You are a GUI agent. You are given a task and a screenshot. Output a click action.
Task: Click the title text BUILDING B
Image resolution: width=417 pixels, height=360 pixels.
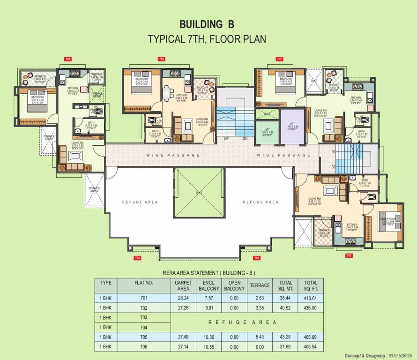tap(207, 24)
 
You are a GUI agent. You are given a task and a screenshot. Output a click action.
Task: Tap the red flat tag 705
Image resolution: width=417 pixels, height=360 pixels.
tap(68, 59)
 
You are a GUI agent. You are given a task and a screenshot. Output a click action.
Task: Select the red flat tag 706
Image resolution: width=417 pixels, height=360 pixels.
tap(161, 59)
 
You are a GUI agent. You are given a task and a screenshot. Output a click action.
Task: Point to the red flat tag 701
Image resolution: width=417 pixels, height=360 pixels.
tap(280, 59)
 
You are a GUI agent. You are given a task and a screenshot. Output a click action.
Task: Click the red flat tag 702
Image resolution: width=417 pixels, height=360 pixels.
tap(349, 255)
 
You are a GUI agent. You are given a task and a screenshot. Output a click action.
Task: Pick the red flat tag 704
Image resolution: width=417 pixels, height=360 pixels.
tap(137, 258)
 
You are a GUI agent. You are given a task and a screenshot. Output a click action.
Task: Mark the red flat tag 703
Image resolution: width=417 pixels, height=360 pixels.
tap(256, 258)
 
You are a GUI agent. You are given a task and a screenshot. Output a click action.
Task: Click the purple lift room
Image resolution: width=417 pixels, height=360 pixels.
tap(292, 125)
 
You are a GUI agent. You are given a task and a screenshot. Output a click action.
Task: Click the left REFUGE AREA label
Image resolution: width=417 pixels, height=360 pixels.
tap(140, 202)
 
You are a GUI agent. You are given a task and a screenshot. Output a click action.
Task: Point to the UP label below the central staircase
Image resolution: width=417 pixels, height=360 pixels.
tap(226, 139)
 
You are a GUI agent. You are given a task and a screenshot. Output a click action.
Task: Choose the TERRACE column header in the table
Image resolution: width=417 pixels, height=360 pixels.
tap(260, 285)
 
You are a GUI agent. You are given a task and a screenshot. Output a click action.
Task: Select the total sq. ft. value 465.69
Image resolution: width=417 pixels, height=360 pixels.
tap(310, 337)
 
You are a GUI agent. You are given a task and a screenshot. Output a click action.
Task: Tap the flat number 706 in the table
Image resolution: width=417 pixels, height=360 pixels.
tap(143, 347)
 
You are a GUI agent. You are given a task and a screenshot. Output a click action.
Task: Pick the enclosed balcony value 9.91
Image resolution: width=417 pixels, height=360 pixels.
tap(208, 308)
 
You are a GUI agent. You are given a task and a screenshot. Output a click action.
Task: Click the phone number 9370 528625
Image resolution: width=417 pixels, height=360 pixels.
tap(401, 356)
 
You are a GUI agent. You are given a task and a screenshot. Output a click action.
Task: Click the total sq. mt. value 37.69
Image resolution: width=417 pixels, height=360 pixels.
tap(285, 347)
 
